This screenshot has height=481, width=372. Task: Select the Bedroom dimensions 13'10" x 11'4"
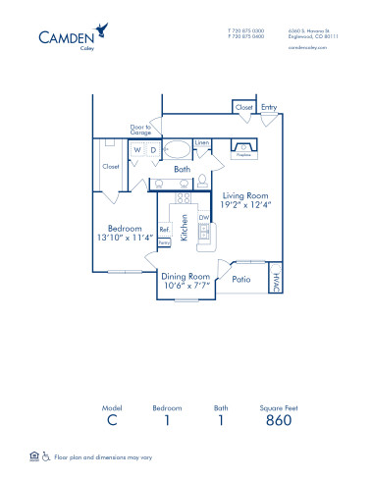coord(128,237)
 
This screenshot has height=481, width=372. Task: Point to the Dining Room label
coord(186,278)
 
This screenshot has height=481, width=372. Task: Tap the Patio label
coord(241,280)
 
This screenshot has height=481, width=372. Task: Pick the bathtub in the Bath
coord(178,151)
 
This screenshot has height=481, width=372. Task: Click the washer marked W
coord(137,150)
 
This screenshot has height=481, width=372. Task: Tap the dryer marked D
coord(153,150)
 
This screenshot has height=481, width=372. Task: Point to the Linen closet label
coord(202,143)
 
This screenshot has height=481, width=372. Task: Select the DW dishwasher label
coord(202,218)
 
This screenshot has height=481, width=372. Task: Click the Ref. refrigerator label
coord(164,231)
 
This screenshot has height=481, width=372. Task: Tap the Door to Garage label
coord(140,129)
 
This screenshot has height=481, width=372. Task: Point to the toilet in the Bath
coord(202,181)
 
